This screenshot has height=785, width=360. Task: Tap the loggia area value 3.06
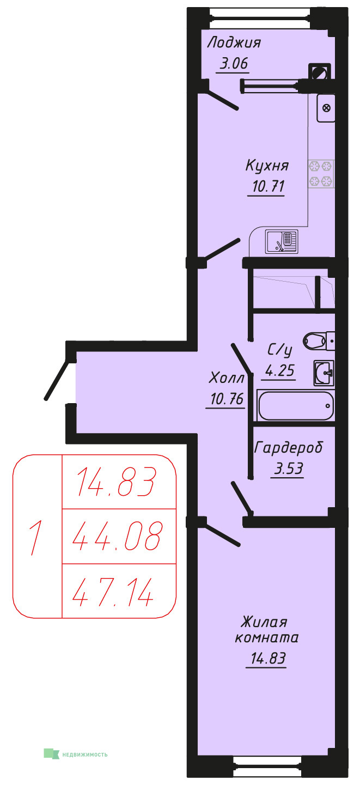tap(234, 64)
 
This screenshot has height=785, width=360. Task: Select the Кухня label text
tap(267, 166)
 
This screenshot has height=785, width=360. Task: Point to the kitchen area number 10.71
tap(268, 186)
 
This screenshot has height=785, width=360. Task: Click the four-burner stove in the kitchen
tap(321, 174)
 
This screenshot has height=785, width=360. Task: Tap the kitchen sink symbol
tap(282, 241)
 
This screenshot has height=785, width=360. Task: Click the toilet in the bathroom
tap(319, 341)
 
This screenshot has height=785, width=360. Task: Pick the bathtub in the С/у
tap(296, 405)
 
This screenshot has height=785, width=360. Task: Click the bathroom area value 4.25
tap(280, 370)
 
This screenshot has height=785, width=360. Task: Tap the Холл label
tap(226, 378)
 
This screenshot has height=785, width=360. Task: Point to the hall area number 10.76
tap(227, 399)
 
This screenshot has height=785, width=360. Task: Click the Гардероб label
tap(288, 448)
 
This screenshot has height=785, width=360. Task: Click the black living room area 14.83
tap(268, 658)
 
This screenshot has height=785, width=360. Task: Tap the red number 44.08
tap(117, 536)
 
